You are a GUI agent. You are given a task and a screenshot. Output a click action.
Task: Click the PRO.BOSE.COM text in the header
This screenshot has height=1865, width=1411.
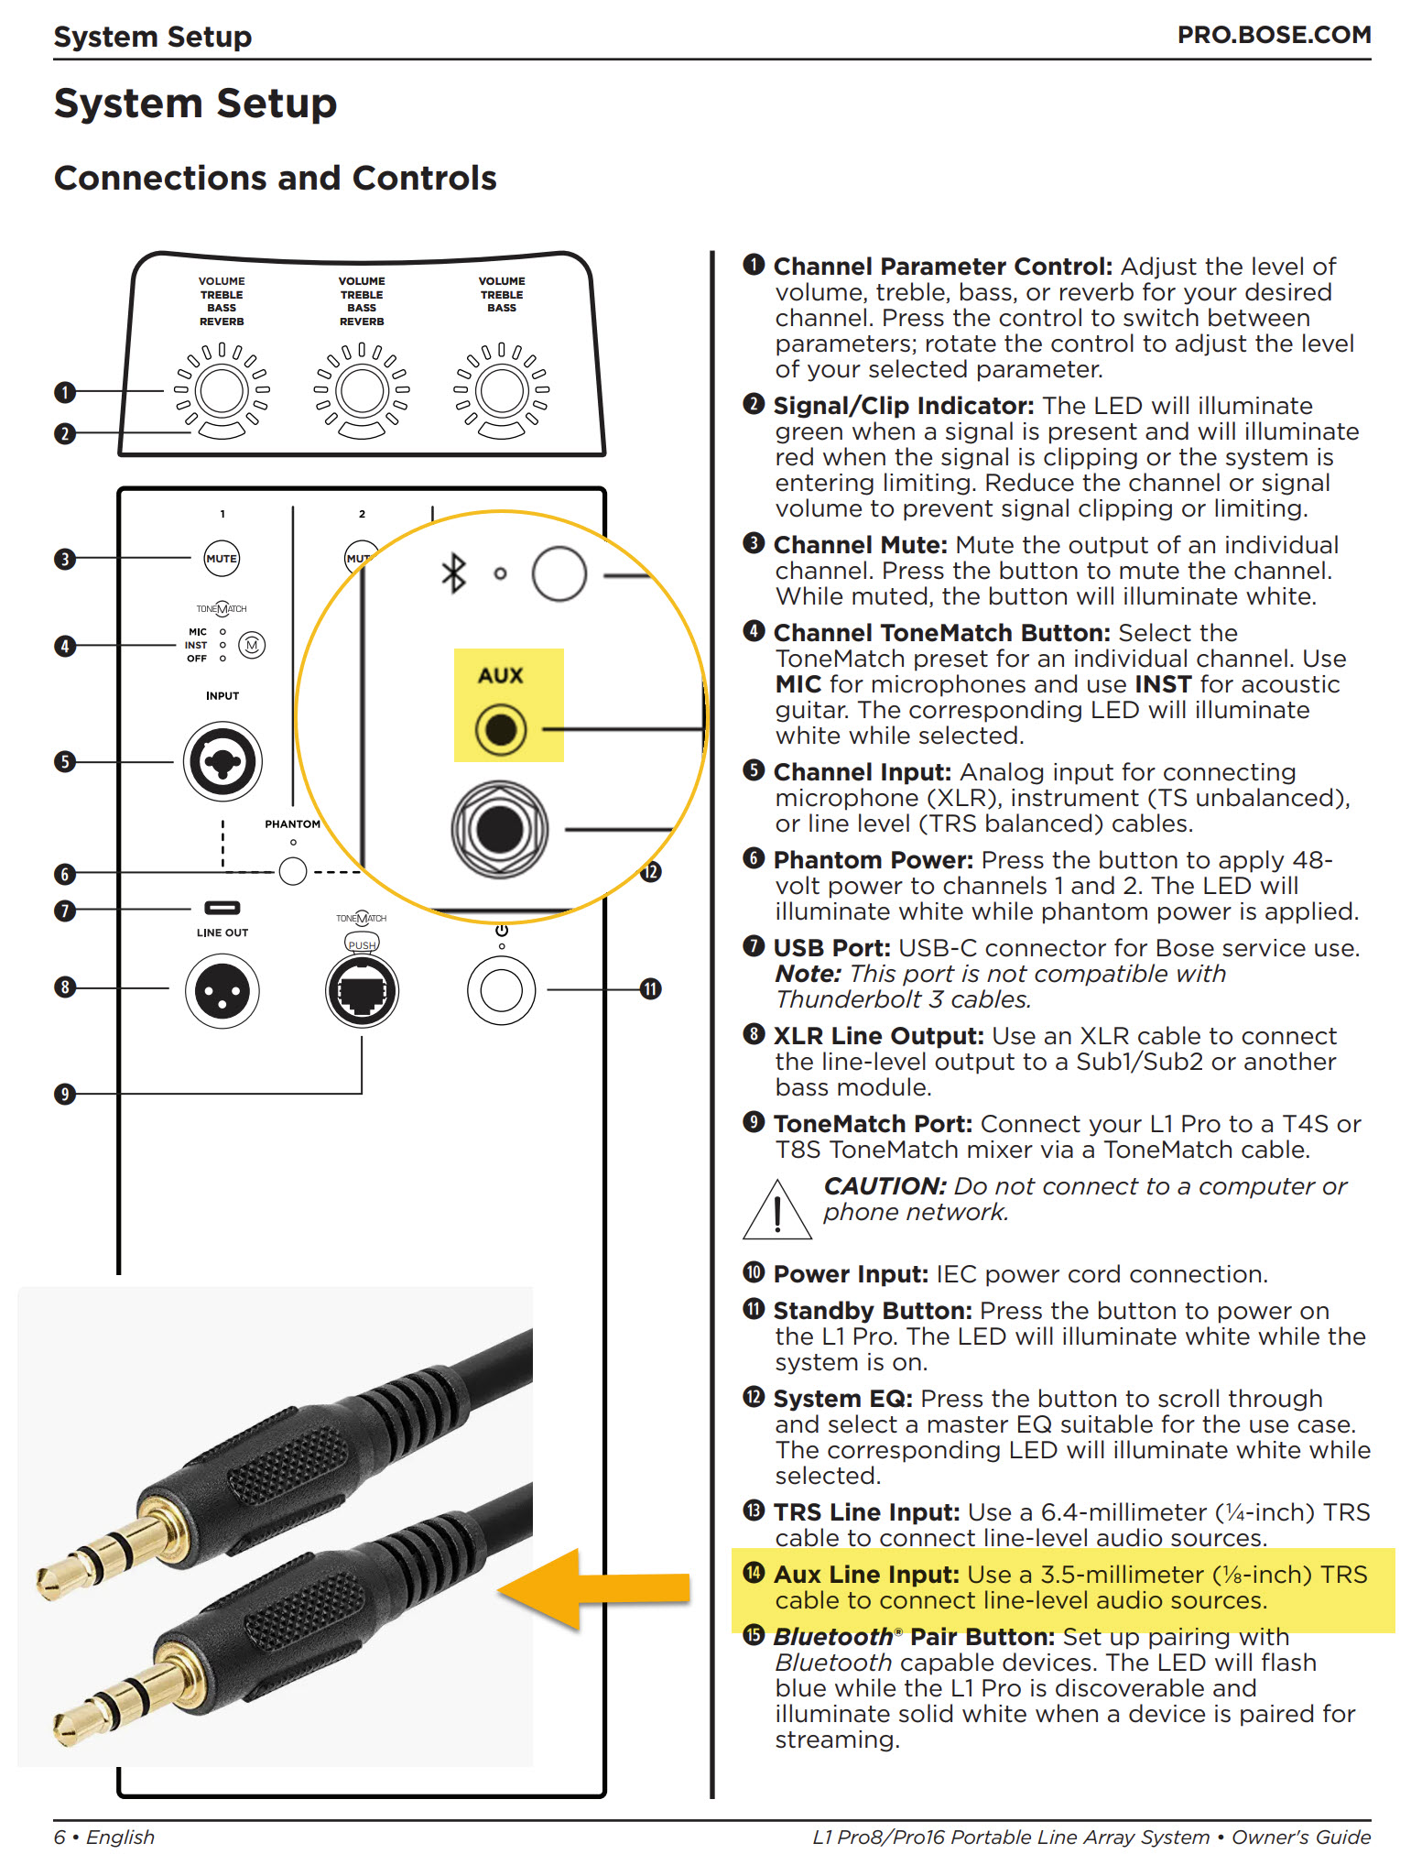[1274, 35]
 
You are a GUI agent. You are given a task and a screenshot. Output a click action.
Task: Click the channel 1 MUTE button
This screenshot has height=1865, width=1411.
[222, 558]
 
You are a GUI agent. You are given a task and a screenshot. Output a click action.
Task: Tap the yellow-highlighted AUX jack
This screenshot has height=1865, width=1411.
[500, 730]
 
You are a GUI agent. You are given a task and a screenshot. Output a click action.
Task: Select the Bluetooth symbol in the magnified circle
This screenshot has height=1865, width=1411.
[453, 573]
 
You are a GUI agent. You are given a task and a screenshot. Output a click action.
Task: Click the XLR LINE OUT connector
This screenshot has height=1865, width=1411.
[222, 990]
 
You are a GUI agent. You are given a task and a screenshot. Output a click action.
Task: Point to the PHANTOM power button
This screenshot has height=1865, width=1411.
[293, 870]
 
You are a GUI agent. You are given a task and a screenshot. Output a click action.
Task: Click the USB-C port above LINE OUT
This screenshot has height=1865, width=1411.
[222, 908]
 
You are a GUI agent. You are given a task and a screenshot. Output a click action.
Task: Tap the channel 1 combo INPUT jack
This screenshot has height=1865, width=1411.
[223, 761]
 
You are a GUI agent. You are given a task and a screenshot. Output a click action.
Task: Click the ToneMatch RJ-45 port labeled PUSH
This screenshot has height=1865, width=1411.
[362, 990]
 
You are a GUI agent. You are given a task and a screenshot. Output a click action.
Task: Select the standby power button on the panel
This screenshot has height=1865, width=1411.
[501, 990]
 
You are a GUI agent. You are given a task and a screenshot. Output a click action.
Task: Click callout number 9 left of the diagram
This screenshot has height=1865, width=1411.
[64, 1094]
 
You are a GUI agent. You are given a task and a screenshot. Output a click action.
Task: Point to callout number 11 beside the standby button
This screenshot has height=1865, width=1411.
[650, 989]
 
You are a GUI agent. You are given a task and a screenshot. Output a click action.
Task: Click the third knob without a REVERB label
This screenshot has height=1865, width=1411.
[502, 391]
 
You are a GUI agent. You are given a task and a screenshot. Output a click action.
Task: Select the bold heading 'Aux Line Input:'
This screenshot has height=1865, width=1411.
[866, 1575]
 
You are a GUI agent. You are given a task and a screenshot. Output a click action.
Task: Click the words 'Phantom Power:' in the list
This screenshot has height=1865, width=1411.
[873, 860]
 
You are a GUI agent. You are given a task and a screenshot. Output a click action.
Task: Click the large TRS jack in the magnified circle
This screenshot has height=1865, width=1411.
[500, 829]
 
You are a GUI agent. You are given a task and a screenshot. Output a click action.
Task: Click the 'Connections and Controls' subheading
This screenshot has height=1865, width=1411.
[275, 178]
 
